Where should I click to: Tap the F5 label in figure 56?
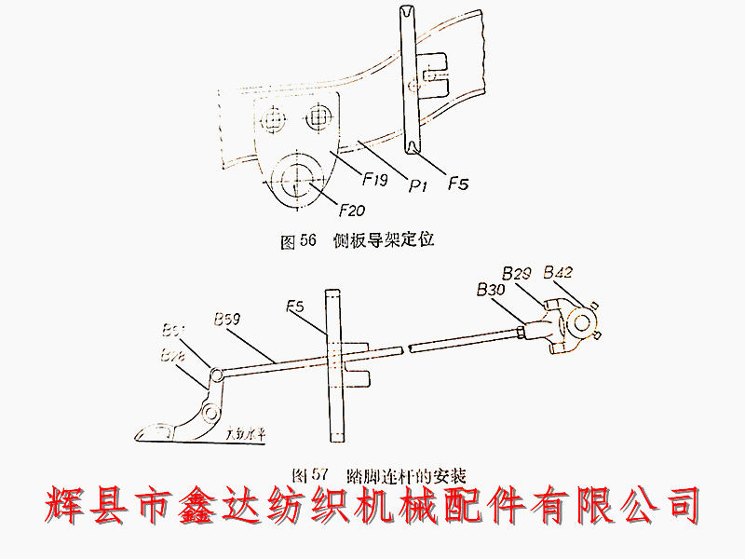(x=457, y=184)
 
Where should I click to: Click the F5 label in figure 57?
(x=296, y=306)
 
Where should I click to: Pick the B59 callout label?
(x=228, y=317)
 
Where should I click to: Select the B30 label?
(x=490, y=291)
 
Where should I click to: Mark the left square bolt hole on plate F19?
(x=273, y=119)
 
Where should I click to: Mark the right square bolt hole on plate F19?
(x=319, y=116)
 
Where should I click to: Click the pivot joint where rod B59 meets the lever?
(x=215, y=375)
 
